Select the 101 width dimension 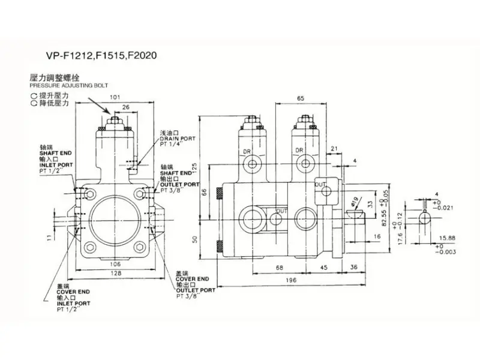[x=115, y=97]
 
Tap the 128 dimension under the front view [x=114, y=273]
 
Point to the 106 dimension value [x=115, y=263]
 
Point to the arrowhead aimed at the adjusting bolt [x=109, y=113]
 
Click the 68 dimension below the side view [x=280, y=268]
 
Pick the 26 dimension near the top [x=125, y=107]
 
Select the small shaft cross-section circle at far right [x=425, y=218]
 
